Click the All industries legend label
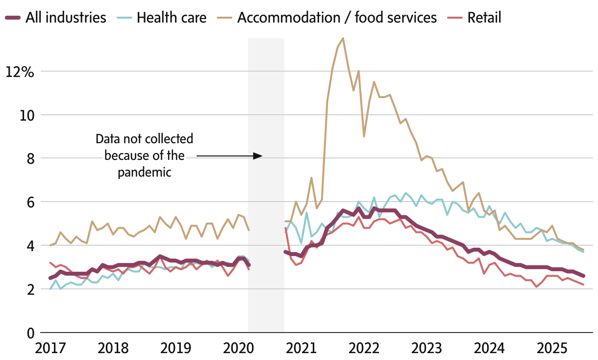coord(66,18)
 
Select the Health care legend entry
coord(172,18)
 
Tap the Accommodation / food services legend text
coord(337,18)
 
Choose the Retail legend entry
coord(484,18)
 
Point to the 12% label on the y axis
coord(20,72)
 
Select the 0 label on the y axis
coord(30,333)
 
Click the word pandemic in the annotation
coord(144,172)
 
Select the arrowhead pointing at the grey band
coord(258,156)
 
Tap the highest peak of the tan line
coord(343,38)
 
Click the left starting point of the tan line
coord(50,245)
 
